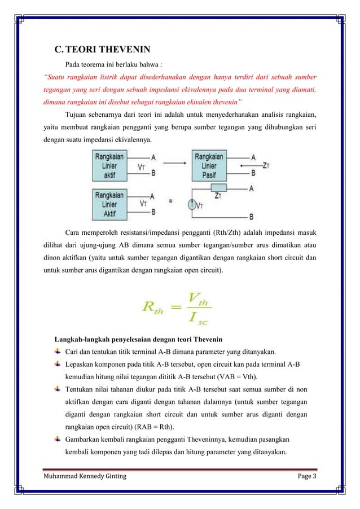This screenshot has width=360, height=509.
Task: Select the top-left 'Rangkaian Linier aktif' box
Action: (109, 165)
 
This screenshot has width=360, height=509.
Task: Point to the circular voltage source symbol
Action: (194, 206)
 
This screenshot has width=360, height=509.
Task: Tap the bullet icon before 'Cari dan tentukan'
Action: (58, 352)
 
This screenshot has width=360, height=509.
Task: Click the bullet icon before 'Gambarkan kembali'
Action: (58, 436)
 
